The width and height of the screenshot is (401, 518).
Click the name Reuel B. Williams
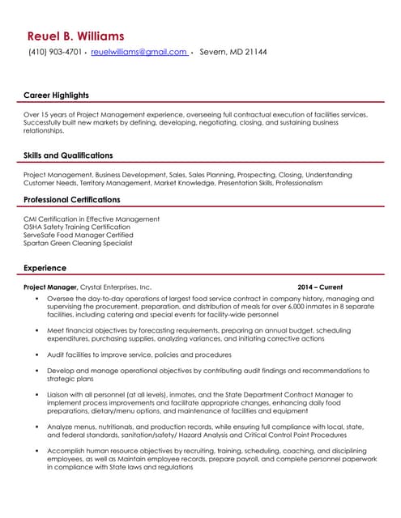coord(75,36)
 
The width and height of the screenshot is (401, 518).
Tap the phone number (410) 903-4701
coord(55,53)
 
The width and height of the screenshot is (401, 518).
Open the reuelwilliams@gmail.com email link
coord(139,53)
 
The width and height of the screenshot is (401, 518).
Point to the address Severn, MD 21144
coord(233,53)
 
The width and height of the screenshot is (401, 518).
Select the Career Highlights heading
coord(56,96)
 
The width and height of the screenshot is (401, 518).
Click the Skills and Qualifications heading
coord(68,155)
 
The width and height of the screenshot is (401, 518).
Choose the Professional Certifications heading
coord(71,200)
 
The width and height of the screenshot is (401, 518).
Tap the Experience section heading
coord(45,268)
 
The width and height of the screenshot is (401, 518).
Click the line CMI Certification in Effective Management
coord(92,219)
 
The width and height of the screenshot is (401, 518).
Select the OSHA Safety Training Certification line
coord(77,227)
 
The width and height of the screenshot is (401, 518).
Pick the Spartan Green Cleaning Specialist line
coord(78,244)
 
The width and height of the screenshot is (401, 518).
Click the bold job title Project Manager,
coord(50,287)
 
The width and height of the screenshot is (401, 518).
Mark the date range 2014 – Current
coord(320,287)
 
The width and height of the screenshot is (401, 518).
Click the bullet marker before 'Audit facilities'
coord(37,355)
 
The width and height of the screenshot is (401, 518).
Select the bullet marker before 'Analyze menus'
coord(37,426)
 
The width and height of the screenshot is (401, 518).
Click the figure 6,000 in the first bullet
coord(268,307)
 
